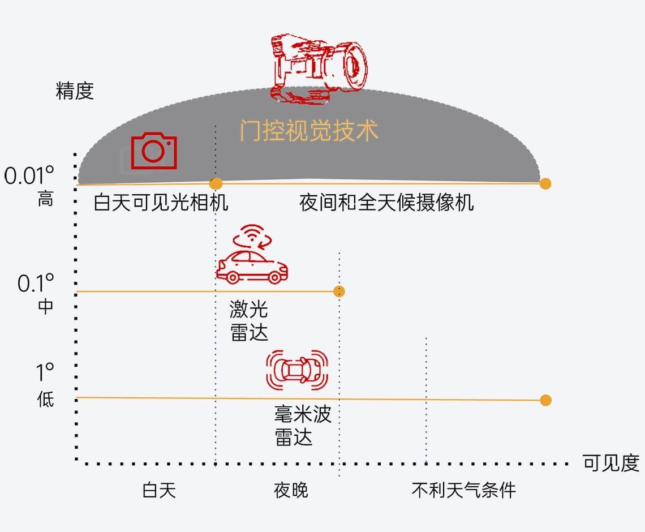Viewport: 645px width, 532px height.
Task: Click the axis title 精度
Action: click(x=75, y=91)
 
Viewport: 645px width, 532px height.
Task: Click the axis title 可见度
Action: click(x=610, y=463)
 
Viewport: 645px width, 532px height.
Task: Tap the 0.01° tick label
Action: click(x=29, y=176)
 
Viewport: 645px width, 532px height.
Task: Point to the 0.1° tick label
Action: click(x=36, y=282)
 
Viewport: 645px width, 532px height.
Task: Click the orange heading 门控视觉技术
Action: click(x=308, y=131)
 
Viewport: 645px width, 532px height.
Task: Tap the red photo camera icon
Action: click(x=154, y=151)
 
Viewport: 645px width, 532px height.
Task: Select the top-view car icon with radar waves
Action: click(x=297, y=370)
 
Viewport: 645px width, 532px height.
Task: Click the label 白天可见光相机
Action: click(x=161, y=202)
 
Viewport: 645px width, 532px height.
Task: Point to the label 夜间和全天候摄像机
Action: click(x=386, y=202)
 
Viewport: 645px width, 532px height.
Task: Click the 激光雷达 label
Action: click(x=249, y=321)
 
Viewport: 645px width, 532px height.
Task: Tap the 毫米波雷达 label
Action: click(x=302, y=426)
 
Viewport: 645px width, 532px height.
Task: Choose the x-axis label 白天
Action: click(x=159, y=490)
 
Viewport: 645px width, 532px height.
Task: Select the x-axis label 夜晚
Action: click(x=291, y=490)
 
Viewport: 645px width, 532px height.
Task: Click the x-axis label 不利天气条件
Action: click(x=463, y=490)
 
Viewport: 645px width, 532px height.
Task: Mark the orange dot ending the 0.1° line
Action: click(x=339, y=291)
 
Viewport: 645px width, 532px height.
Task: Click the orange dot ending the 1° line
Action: click(x=545, y=400)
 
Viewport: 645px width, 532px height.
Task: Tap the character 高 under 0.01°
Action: click(x=45, y=199)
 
